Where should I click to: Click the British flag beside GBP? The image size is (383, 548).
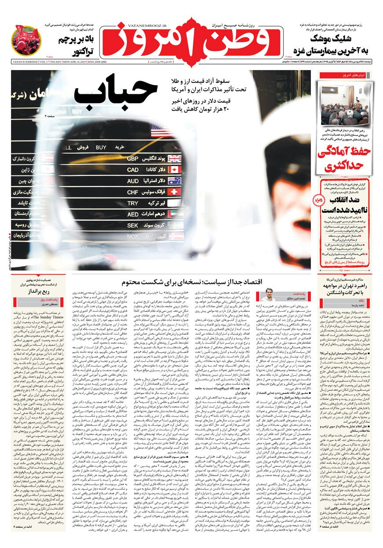(x=175, y=158)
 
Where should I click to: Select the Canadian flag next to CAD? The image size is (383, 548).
(x=175, y=170)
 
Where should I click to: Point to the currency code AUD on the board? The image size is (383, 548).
(x=133, y=181)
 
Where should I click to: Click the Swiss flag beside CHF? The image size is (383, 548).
(x=175, y=192)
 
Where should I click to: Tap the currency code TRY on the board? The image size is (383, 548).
(x=133, y=204)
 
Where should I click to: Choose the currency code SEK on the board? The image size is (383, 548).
(x=133, y=225)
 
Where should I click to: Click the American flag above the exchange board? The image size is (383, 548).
(x=157, y=130)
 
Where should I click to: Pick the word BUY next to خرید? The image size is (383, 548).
(x=101, y=147)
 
